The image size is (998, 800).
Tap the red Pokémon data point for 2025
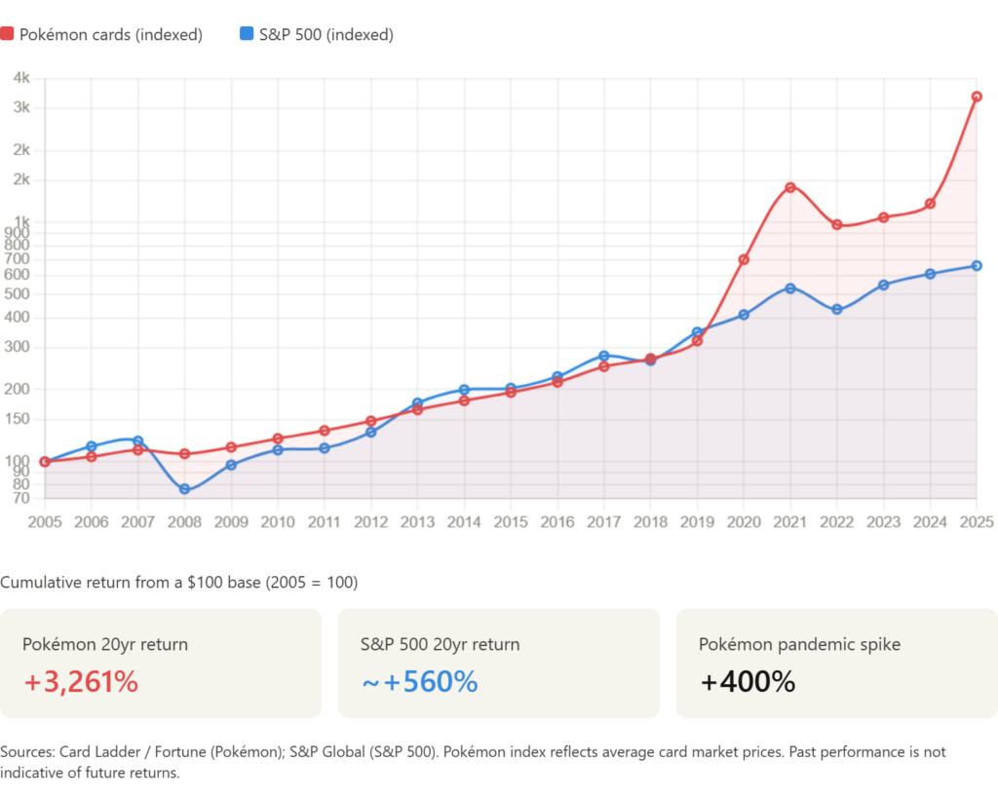[x=977, y=96]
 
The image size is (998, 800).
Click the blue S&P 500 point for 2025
[x=977, y=265]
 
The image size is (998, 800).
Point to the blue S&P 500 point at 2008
[x=185, y=489]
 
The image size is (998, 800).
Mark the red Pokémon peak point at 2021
[x=790, y=184]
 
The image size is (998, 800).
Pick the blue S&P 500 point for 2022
[x=836, y=310]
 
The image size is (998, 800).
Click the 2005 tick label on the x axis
[x=44, y=521]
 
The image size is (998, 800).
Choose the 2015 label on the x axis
[x=510, y=521]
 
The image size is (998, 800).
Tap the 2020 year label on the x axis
[x=744, y=521]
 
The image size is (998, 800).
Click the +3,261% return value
[x=81, y=682]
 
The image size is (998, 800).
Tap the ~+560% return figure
[x=420, y=682]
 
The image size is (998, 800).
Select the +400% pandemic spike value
[x=748, y=682]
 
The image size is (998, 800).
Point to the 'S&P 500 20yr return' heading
[x=441, y=644]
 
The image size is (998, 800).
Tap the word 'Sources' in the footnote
[x=26, y=753]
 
